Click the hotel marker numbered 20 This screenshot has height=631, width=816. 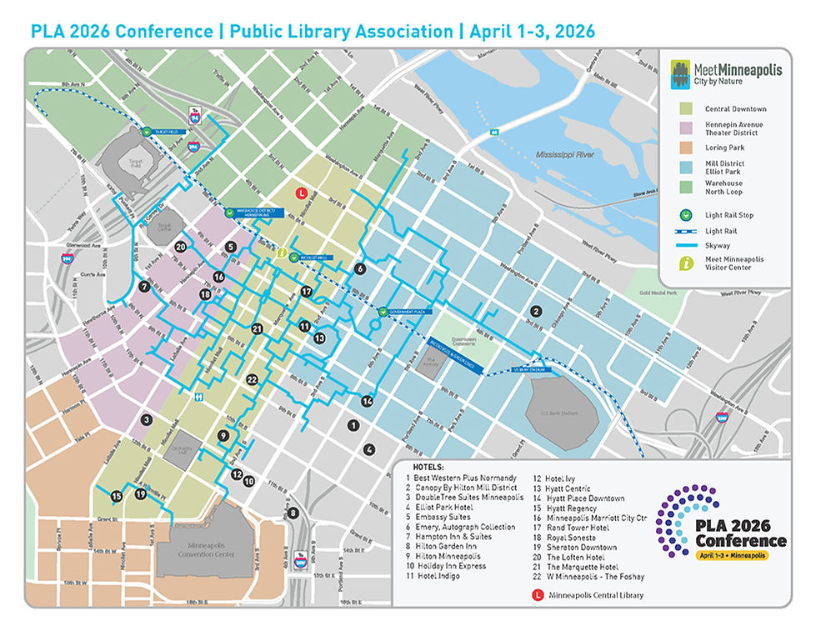(181, 247)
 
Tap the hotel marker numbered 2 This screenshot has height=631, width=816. (537, 311)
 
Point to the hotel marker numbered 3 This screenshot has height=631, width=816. (146, 420)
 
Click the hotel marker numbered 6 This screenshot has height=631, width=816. (360, 268)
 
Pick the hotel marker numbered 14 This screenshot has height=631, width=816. (366, 402)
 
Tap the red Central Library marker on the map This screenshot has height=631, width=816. (304, 193)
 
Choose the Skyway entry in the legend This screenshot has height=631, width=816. (718, 245)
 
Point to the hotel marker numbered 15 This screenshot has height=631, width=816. (117, 496)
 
